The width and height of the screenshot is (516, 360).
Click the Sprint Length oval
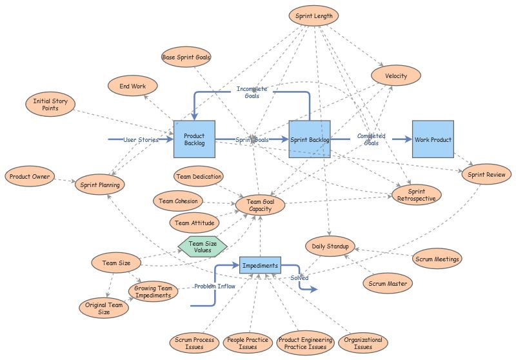(x=313, y=16)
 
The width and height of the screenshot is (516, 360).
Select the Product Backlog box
(x=194, y=139)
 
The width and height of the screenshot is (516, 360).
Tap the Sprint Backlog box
(x=310, y=139)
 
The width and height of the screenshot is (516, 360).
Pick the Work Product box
(x=433, y=139)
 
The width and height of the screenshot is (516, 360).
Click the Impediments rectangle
(x=259, y=265)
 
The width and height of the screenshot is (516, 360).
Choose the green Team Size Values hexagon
(x=203, y=247)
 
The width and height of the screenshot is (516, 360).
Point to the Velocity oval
(x=396, y=76)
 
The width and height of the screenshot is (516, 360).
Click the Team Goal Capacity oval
(x=261, y=205)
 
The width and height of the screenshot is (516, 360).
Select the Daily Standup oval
(x=330, y=246)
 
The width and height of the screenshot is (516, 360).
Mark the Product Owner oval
(x=29, y=176)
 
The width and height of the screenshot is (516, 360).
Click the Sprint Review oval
(x=486, y=174)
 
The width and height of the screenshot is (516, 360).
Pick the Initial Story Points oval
(x=51, y=105)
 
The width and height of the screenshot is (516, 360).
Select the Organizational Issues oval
(x=363, y=343)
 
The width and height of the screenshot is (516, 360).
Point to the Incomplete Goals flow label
(x=252, y=92)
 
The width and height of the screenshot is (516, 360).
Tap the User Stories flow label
(x=141, y=139)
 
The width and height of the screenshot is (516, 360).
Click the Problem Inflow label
(x=214, y=286)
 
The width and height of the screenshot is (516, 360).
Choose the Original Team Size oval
(x=103, y=308)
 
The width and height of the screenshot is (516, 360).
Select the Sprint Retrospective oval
(x=417, y=195)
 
